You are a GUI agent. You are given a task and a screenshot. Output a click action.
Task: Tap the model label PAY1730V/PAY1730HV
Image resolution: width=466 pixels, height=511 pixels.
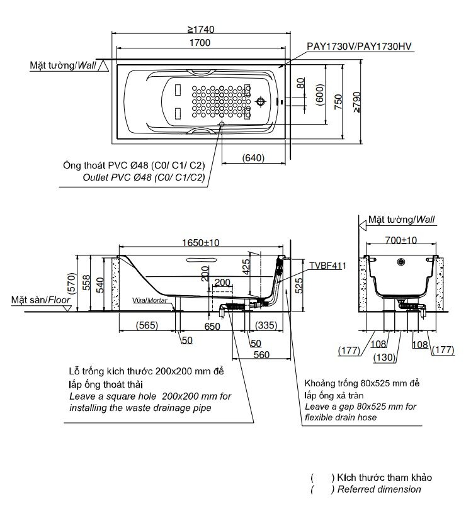(359, 47)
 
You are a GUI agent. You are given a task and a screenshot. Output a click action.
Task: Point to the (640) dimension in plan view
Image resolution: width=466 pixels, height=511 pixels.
(253, 158)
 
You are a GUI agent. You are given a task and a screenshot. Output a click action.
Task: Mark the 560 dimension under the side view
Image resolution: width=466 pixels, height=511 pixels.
(261, 355)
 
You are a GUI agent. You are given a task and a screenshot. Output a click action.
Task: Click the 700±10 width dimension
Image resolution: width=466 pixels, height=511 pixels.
(401, 240)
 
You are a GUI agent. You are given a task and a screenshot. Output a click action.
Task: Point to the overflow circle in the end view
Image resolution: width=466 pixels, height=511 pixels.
(400, 261)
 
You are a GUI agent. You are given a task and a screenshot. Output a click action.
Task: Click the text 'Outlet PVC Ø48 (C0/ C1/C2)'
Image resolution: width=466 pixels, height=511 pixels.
(144, 178)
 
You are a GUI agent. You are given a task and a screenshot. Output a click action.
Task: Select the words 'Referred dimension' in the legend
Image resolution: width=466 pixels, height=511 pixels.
(380, 489)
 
